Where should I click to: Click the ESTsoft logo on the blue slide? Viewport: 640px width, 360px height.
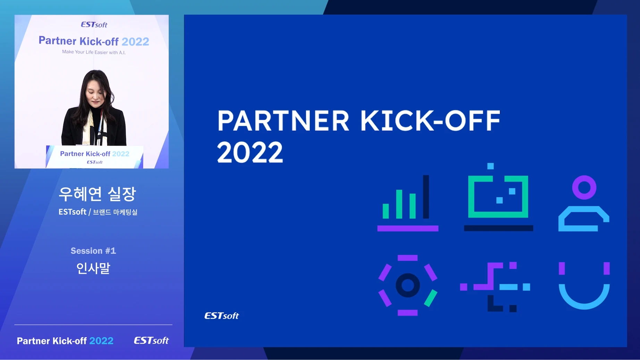(221, 316)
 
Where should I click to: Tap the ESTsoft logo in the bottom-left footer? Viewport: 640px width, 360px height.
(151, 341)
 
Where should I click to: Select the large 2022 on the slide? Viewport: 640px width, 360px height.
(250, 152)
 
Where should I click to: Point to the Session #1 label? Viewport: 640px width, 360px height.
(93, 251)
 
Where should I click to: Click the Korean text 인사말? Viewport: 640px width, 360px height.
(93, 268)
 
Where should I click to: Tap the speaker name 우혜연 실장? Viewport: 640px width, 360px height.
(97, 194)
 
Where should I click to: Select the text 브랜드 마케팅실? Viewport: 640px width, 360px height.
(115, 212)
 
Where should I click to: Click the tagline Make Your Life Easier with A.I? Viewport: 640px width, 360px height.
(94, 52)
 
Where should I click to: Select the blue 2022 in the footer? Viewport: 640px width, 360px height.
(101, 341)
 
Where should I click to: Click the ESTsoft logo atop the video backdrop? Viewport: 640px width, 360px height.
(94, 25)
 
